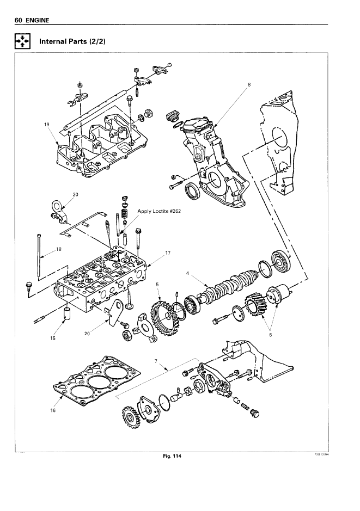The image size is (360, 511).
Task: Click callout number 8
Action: point(249,84)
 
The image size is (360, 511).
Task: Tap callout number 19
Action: point(46,124)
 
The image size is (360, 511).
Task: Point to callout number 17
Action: point(168,252)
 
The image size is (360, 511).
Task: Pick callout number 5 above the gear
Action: point(157,284)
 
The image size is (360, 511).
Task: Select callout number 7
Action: point(156,361)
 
